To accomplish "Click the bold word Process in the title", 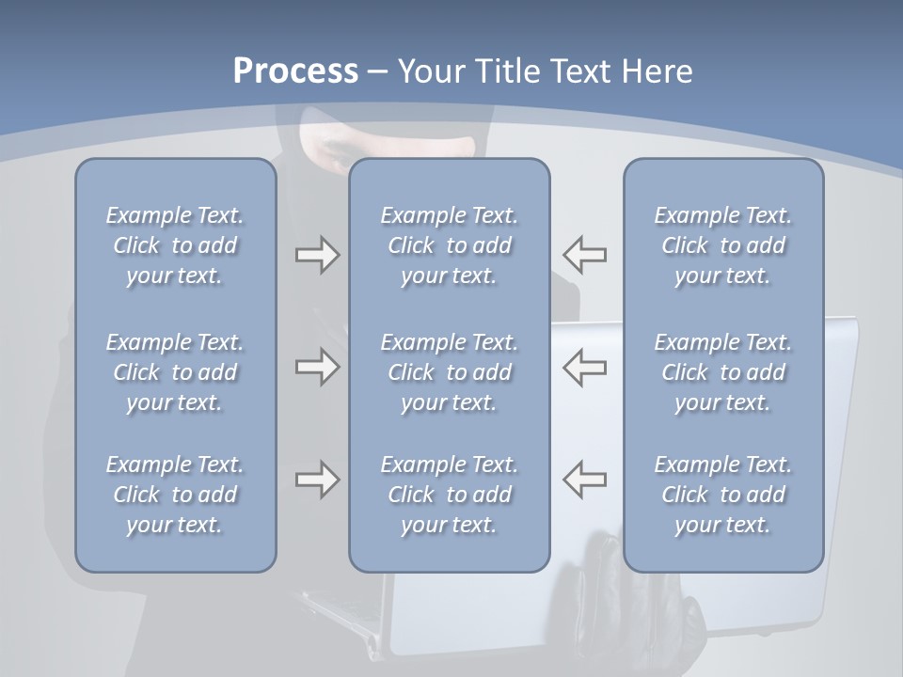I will [x=295, y=71].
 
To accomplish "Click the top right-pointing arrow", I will [x=317, y=254].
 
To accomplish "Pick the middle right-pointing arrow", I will [x=317, y=367].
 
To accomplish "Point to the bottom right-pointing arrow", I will [x=317, y=480].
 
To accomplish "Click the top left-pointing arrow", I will [x=584, y=254].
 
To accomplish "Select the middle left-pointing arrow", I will [x=584, y=367].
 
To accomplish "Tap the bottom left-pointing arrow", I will [x=584, y=480].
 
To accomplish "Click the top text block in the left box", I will [x=175, y=245].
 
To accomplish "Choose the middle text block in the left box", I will [x=175, y=372].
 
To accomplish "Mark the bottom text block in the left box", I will [x=175, y=495].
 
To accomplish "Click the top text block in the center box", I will [x=450, y=245].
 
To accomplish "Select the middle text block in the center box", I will [x=450, y=372].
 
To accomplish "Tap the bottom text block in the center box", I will [x=450, y=495].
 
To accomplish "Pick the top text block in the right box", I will [x=723, y=245].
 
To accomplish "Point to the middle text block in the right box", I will [x=723, y=372].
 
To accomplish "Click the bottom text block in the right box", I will [x=723, y=495].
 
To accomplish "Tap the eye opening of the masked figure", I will [x=395, y=146].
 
